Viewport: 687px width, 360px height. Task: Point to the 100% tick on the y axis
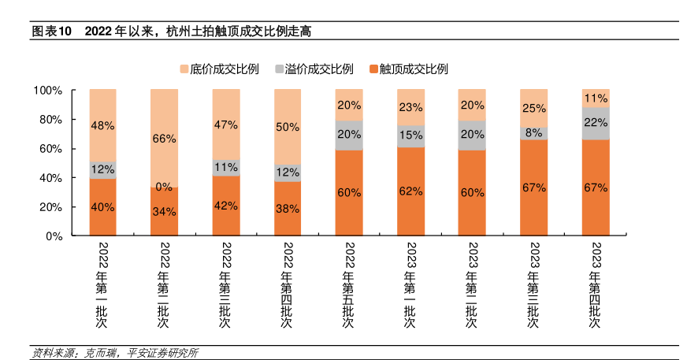pos(46,91)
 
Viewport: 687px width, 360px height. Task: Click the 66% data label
pos(164,139)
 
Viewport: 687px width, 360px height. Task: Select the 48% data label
pos(102,125)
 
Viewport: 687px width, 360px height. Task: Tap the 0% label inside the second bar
pos(164,187)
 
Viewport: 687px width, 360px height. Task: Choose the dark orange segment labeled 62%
pos(410,191)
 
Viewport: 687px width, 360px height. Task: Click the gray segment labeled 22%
pos(596,123)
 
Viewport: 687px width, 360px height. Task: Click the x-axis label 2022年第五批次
pos(349,284)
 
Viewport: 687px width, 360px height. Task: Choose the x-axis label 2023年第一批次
pos(410,284)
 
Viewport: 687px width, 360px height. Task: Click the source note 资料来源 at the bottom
pos(114,352)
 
